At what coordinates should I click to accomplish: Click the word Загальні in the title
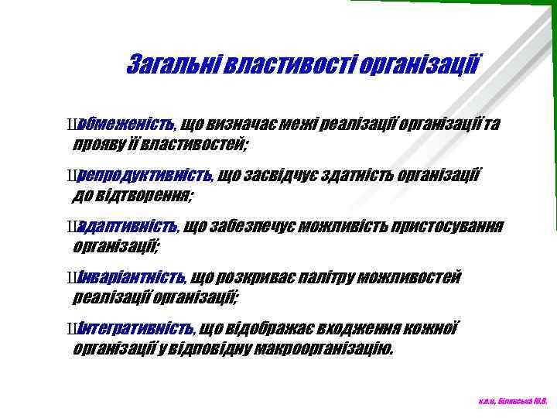171,63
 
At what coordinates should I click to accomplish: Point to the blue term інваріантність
131,277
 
